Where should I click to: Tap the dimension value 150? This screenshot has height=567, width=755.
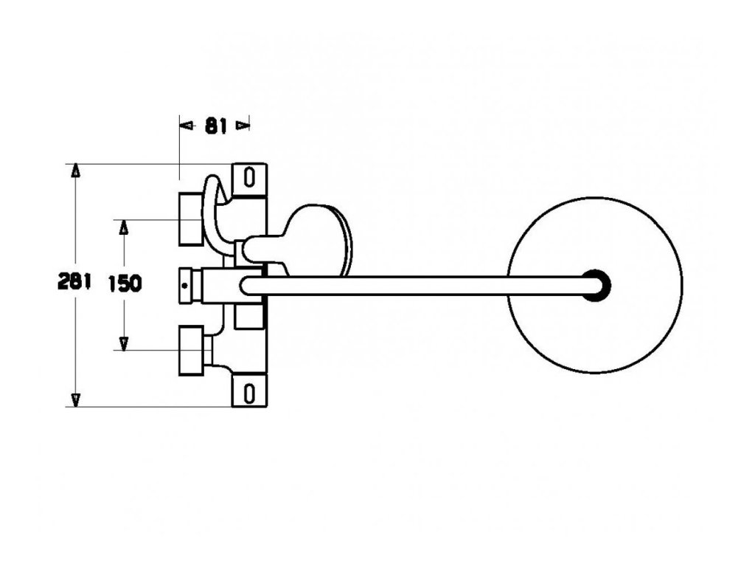125,283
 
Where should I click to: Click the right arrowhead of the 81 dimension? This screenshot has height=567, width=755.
243,126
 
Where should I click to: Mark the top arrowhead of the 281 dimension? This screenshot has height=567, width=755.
75,171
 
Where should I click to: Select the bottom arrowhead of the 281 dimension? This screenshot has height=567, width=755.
75,399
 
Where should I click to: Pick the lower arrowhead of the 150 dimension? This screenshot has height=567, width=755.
124,343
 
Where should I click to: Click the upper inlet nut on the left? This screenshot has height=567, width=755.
190,219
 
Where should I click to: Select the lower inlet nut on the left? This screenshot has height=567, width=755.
190,350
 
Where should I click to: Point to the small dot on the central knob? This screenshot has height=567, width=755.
184,283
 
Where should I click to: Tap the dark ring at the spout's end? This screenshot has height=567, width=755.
596,284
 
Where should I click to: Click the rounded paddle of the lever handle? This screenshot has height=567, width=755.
317,237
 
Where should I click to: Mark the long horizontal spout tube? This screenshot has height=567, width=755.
413,285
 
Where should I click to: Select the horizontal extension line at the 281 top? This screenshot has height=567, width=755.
147,163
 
